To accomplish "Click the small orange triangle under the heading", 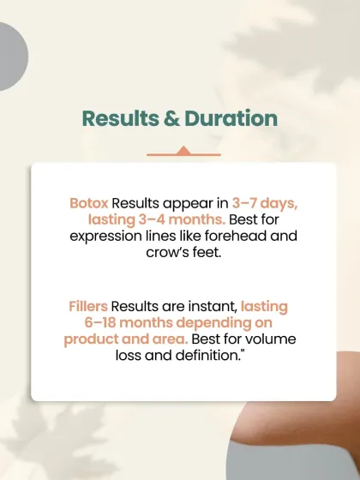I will click(182, 151).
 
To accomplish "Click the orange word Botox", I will click(88, 204).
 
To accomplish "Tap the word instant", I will click(213, 306).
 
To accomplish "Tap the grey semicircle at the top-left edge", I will click(10, 57).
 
